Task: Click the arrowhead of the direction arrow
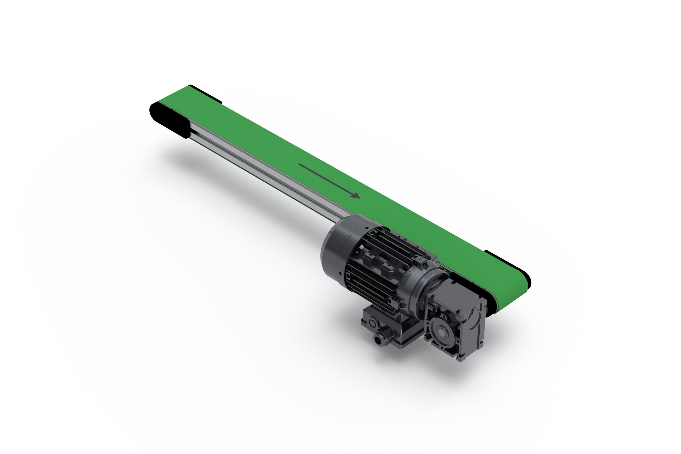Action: pos(355,196)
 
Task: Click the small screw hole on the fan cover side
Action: pos(340,273)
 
